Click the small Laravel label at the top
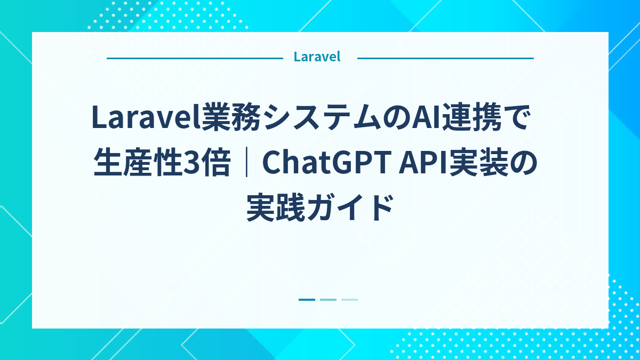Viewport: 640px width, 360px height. point(317,57)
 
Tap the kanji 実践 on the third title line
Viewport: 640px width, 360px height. point(275,209)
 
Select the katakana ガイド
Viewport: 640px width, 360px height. point(349,209)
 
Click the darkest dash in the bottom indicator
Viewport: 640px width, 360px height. point(307,300)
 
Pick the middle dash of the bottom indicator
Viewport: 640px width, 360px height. point(328,300)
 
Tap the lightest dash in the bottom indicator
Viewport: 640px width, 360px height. point(349,300)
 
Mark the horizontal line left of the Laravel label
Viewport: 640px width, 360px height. point(194,58)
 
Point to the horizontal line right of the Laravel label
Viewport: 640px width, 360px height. point(445,58)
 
